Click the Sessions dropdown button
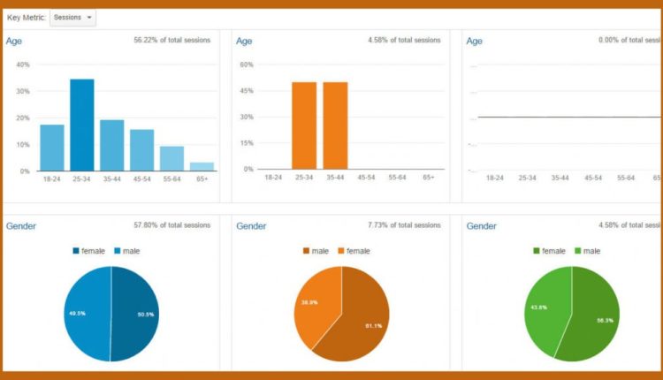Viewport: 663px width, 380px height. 72,18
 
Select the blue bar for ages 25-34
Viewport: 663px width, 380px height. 82,125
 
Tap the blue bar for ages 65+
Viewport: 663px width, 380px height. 202,166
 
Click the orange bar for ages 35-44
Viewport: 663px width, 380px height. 335,125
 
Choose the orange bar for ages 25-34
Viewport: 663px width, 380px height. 304,125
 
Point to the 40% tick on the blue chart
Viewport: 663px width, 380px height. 23,65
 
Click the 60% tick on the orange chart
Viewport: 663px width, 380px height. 248,65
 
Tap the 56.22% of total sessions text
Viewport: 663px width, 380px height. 172,41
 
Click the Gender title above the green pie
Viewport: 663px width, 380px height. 481,226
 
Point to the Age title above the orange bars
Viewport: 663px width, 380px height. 245,41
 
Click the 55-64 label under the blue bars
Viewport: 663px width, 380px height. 171,178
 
